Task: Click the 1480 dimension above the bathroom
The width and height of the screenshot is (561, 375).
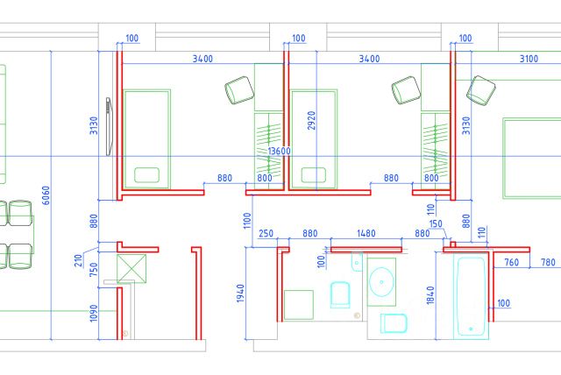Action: pos(367,233)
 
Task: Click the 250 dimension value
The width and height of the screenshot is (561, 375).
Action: pos(266,233)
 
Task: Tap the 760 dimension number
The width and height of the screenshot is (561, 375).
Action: pos(512,262)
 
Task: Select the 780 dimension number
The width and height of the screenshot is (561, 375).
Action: pos(548,262)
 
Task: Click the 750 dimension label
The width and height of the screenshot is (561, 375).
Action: pos(94,269)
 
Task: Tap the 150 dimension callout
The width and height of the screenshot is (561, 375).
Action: pos(436,224)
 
